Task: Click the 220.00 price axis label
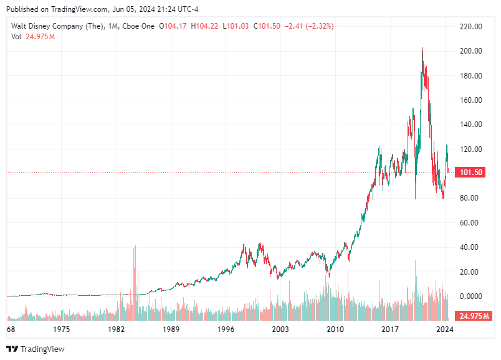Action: (x=471, y=27)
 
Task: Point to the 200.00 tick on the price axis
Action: (x=471, y=51)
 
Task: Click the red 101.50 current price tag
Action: (x=470, y=173)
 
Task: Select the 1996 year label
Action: (x=226, y=328)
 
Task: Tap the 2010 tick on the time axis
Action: (x=335, y=328)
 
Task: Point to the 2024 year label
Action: (x=444, y=328)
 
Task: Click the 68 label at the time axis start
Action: (x=11, y=328)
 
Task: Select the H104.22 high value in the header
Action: (x=205, y=26)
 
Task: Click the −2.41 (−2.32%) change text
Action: (x=309, y=26)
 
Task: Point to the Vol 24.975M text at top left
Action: (x=33, y=37)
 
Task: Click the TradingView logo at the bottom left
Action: (x=36, y=349)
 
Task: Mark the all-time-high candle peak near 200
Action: (x=422, y=49)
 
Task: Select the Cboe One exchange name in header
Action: (x=141, y=26)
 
